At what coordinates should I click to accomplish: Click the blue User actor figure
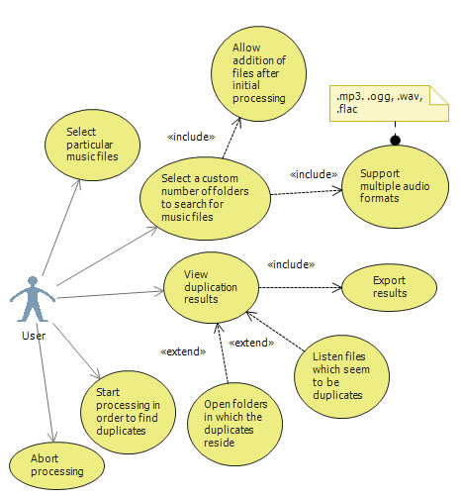[33, 299]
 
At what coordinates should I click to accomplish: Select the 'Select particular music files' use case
[92, 145]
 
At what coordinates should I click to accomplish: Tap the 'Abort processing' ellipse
[56, 465]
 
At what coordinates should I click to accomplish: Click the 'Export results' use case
[390, 287]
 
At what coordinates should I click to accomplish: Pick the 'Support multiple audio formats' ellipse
[395, 186]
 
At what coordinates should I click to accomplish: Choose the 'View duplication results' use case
[211, 287]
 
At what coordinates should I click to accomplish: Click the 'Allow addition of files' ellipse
[258, 73]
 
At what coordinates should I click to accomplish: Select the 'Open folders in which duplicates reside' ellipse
[234, 424]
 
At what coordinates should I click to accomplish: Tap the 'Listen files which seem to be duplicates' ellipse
[341, 376]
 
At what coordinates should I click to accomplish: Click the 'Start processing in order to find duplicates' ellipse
[128, 412]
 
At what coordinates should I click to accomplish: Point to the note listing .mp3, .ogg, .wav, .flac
[389, 103]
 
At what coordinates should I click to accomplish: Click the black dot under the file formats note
[395, 141]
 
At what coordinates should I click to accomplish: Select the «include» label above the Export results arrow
[291, 264]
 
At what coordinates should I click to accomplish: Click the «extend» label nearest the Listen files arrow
[251, 343]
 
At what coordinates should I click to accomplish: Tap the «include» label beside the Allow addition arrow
[191, 137]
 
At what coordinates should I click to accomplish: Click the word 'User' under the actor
[34, 336]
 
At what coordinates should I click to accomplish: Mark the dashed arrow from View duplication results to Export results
[301, 287]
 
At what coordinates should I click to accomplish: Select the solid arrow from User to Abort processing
[46, 383]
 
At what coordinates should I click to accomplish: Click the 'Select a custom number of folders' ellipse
[205, 198]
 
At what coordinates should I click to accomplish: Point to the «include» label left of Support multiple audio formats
[314, 174]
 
